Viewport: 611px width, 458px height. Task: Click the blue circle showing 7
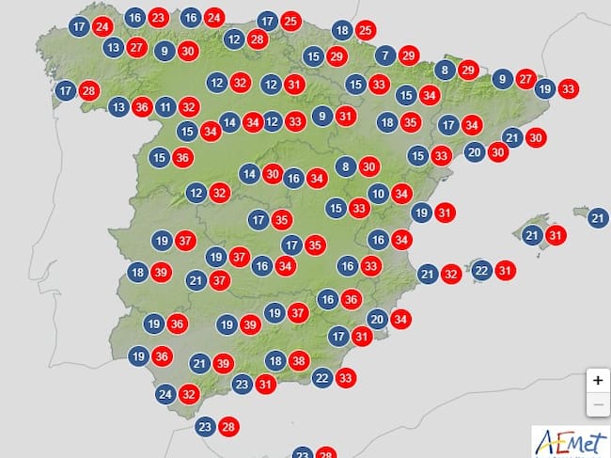pos(384,55)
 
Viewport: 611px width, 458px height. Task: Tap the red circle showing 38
pos(300,360)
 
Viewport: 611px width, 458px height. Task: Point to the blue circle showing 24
pos(165,395)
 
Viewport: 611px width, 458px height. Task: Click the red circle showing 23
pos(159,18)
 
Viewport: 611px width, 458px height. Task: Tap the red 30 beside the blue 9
pos(188,52)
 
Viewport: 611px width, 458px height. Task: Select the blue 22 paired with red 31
pos(481,271)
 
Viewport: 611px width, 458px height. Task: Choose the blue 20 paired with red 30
pos(475,152)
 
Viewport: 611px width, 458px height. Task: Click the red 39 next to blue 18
pos(161,273)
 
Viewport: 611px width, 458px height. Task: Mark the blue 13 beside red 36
pos(119,106)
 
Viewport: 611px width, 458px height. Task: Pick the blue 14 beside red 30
pos(249,174)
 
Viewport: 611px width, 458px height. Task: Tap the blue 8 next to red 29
pos(445,70)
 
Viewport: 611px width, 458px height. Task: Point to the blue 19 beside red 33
pos(544,89)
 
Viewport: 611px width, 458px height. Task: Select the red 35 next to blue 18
pos(411,121)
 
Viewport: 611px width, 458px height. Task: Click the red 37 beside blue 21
pos(220,279)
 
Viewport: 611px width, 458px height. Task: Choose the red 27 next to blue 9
pos(526,79)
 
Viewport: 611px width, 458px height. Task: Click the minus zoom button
pos(597,405)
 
